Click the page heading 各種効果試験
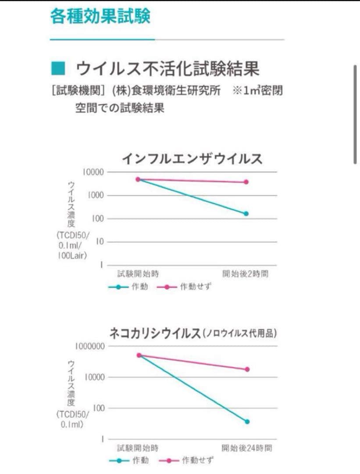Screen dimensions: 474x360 pyautogui.click(x=100, y=16)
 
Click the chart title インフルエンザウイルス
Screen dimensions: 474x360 pyautogui.click(x=192, y=158)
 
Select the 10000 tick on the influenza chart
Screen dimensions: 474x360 pyautogui.click(x=93, y=172)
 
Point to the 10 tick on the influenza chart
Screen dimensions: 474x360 pyautogui.click(x=99, y=242)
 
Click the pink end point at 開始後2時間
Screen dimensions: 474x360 pyautogui.click(x=246, y=182)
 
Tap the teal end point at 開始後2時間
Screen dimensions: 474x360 pyautogui.click(x=246, y=214)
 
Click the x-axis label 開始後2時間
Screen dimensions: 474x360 pyautogui.click(x=245, y=274)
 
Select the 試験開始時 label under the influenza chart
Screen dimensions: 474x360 pyautogui.click(x=138, y=274)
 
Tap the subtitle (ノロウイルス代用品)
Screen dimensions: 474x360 pyautogui.click(x=239, y=334)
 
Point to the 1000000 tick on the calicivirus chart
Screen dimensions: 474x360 pyautogui.click(x=89, y=346)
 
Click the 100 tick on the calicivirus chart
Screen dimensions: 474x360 pyautogui.click(x=97, y=408)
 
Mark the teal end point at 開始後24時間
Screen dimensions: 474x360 pyautogui.click(x=247, y=422)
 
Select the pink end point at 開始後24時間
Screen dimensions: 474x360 pyautogui.click(x=247, y=370)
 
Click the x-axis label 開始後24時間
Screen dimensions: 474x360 pyautogui.click(x=246, y=448)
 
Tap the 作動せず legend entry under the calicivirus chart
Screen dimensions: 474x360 pyautogui.click(x=192, y=461)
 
